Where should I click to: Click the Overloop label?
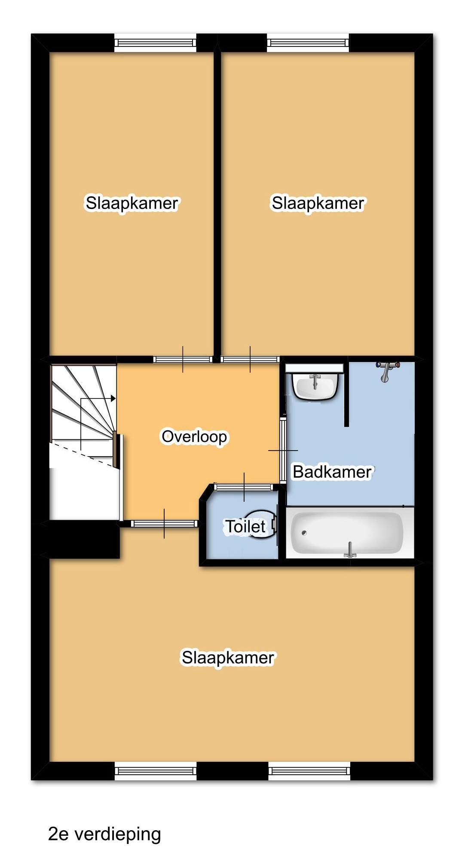(194, 436)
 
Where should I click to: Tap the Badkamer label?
(332, 472)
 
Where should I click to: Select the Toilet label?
(246, 526)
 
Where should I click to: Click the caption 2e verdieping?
(104, 834)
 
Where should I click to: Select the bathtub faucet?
(350, 550)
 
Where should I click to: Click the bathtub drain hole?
(304, 533)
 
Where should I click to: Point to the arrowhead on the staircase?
(113, 399)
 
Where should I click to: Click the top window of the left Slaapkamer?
(155, 43)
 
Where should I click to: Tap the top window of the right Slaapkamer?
(308, 43)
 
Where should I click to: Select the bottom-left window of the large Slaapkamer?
(155, 771)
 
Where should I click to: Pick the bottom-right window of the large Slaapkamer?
(309, 771)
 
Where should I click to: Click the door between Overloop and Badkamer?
(283, 450)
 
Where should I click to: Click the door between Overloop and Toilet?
(244, 487)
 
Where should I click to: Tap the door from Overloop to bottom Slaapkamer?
(164, 523)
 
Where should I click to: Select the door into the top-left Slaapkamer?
(183, 359)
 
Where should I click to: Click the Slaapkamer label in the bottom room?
(228, 657)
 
